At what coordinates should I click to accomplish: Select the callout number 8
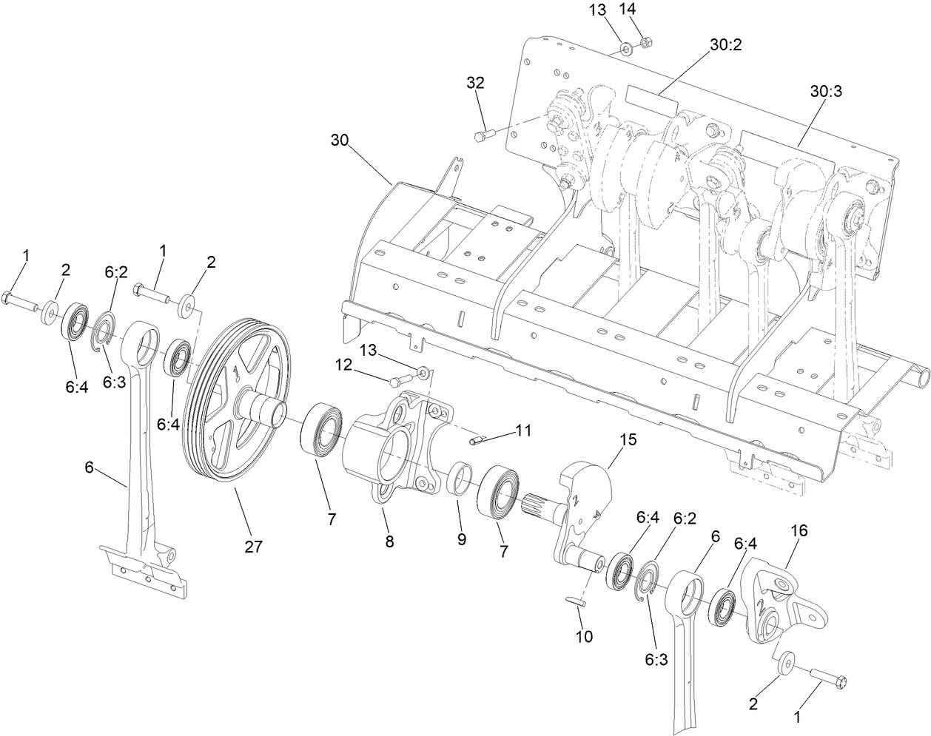(389, 541)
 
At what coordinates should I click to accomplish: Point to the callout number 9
(462, 539)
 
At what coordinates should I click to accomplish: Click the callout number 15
(628, 439)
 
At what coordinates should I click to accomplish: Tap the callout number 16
(799, 530)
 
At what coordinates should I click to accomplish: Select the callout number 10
(585, 635)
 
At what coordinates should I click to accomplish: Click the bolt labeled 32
(482, 135)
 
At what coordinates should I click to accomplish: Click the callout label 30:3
(826, 91)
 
